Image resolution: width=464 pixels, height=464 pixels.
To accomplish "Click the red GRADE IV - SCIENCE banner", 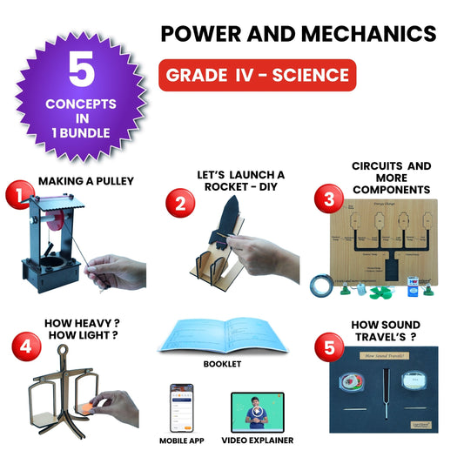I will point(257,75).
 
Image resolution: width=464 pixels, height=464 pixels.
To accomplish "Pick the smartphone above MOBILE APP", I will point(181,406).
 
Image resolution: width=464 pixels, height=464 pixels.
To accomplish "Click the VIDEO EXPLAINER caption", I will point(257,440).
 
